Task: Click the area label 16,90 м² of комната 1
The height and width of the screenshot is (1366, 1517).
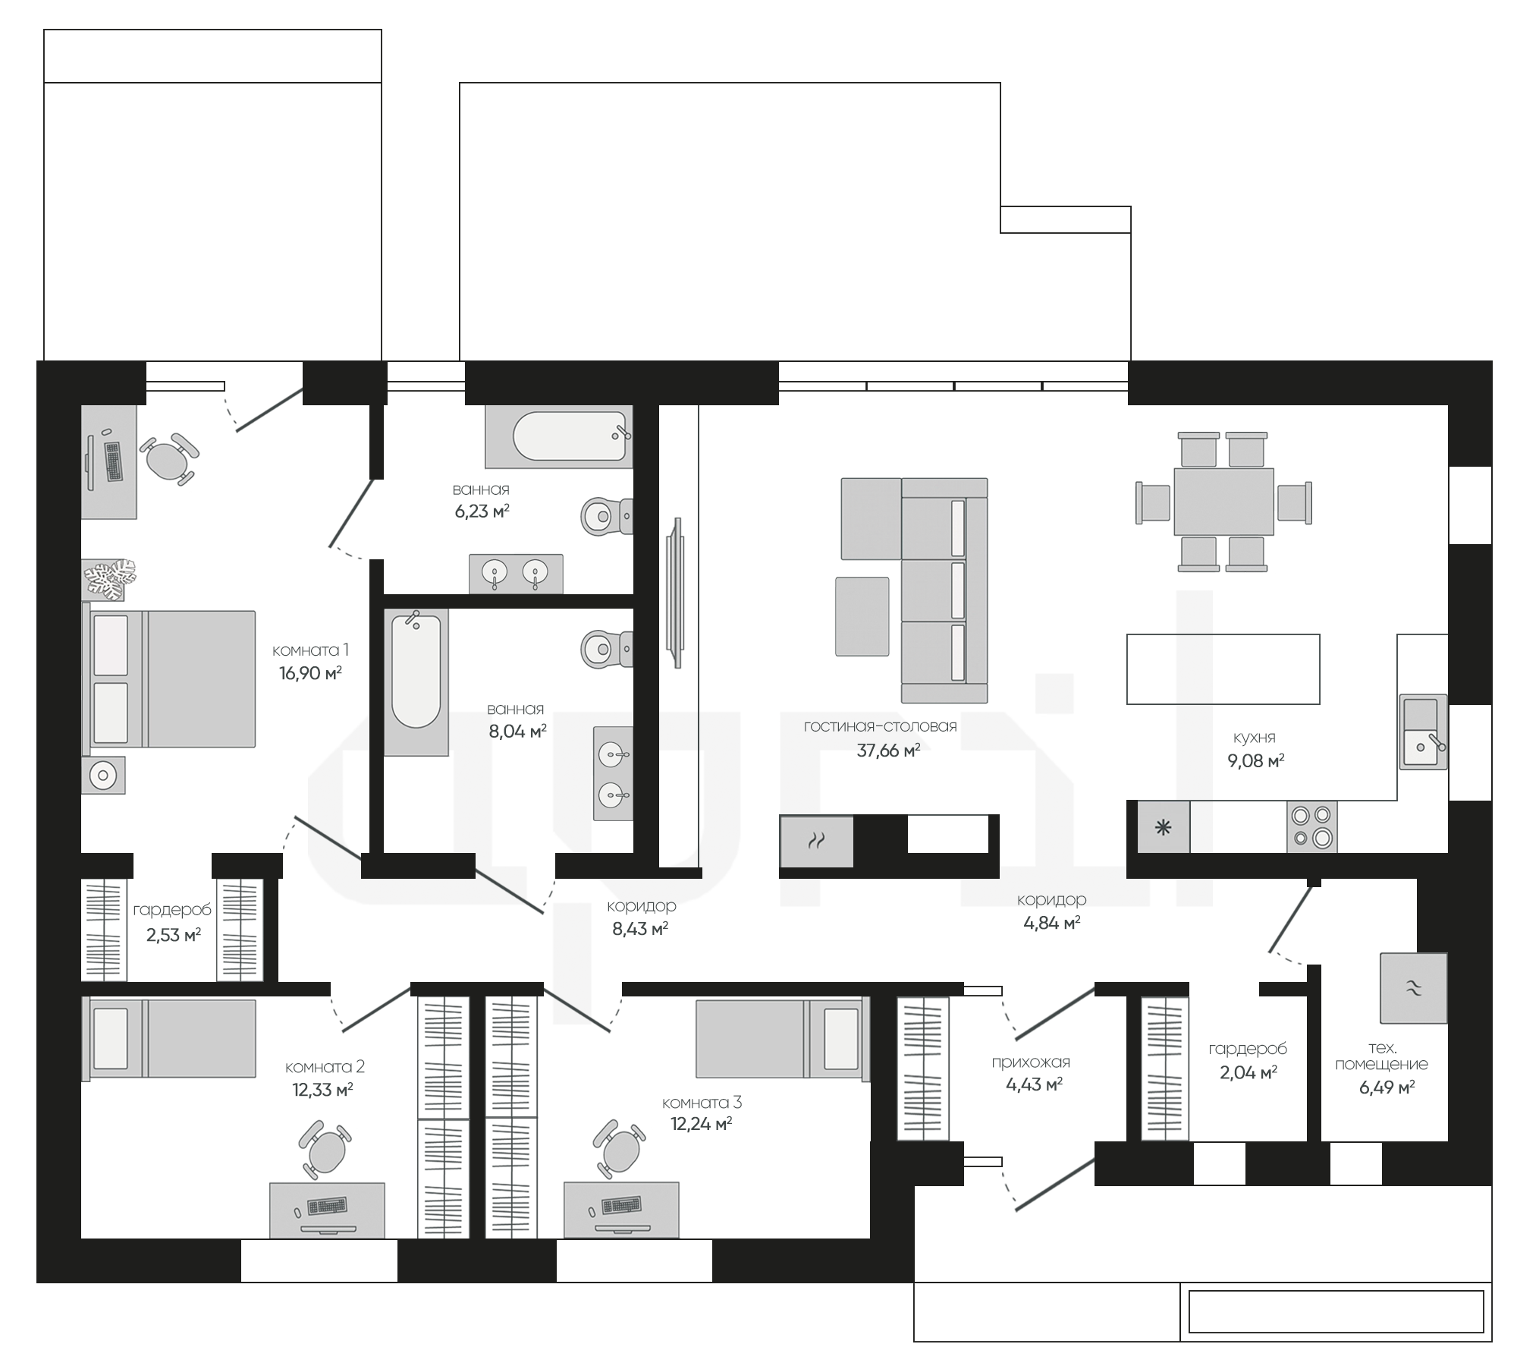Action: (x=310, y=673)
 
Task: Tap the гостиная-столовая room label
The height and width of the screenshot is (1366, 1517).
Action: (x=880, y=726)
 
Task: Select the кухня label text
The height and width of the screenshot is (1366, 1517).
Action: (x=1254, y=737)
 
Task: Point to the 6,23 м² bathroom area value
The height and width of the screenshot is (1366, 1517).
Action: (x=482, y=511)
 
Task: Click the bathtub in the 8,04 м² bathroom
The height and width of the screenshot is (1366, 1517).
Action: (x=416, y=681)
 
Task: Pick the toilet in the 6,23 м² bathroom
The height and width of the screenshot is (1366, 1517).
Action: (x=607, y=516)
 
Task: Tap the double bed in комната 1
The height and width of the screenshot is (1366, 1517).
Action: (x=168, y=678)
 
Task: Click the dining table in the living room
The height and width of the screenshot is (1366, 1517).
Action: (x=1223, y=502)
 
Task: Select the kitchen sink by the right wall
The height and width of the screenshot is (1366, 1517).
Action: (x=1423, y=732)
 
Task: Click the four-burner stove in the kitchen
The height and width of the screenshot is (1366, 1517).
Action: (x=1312, y=826)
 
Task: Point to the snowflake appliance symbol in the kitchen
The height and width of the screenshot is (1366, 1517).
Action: (x=1163, y=827)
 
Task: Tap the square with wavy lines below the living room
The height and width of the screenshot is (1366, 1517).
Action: (x=816, y=841)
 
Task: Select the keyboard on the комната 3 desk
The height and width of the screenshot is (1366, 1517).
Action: (x=622, y=1205)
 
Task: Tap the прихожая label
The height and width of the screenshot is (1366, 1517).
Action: (x=1030, y=1062)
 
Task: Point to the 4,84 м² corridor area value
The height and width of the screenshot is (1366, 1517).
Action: (x=1051, y=923)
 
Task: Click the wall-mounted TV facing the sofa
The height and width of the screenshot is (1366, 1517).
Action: (x=674, y=593)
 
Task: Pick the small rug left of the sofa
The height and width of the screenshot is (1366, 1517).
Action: (x=862, y=616)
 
